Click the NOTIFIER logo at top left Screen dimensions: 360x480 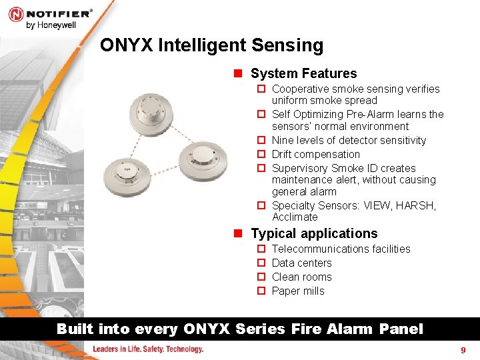[50, 13]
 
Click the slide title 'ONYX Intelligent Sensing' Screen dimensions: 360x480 [211, 45]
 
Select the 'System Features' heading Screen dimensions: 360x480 [303, 73]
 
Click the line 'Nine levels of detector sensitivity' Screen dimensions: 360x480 [349, 140]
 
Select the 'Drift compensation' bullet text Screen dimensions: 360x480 [316, 154]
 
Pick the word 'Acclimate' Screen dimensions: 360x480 [295, 217]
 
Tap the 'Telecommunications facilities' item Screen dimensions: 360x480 [341, 249]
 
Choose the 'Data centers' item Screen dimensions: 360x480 [301, 263]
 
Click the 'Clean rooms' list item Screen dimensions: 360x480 [301, 277]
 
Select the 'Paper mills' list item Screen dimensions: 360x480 [298, 291]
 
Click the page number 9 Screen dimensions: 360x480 [463, 350]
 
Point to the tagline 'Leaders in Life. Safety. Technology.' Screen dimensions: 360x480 [147, 349]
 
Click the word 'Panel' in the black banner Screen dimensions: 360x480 [401, 329]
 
